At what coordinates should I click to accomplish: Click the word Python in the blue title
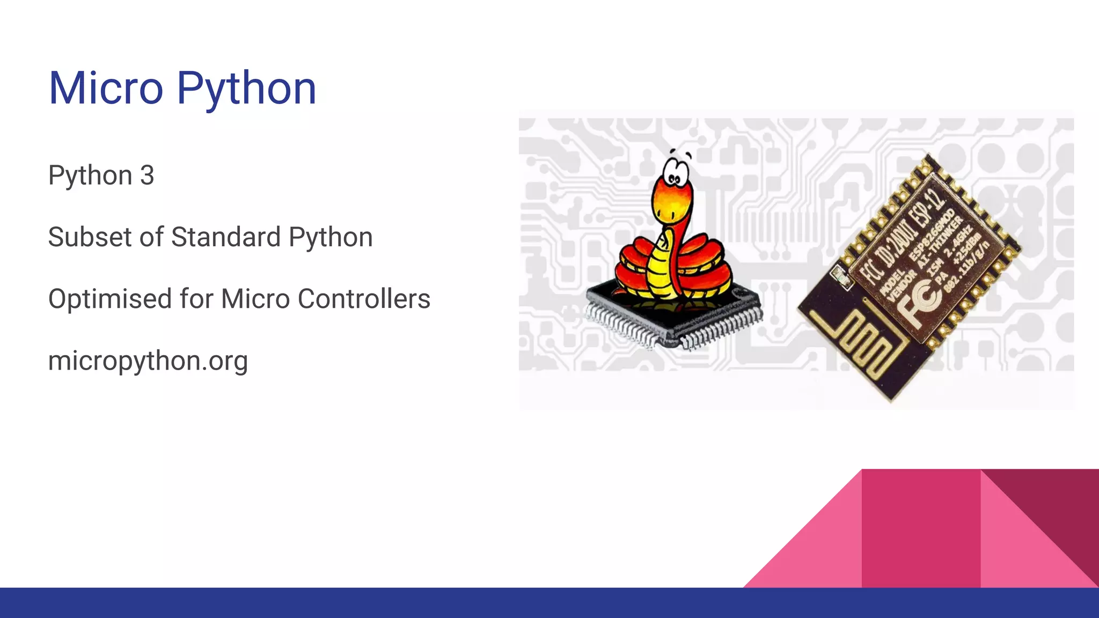[x=246, y=89]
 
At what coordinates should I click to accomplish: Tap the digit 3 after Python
[x=147, y=175]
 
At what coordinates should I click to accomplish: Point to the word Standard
[x=226, y=237]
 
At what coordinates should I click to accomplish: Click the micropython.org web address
[x=148, y=361]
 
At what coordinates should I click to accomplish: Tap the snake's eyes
[x=673, y=176]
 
